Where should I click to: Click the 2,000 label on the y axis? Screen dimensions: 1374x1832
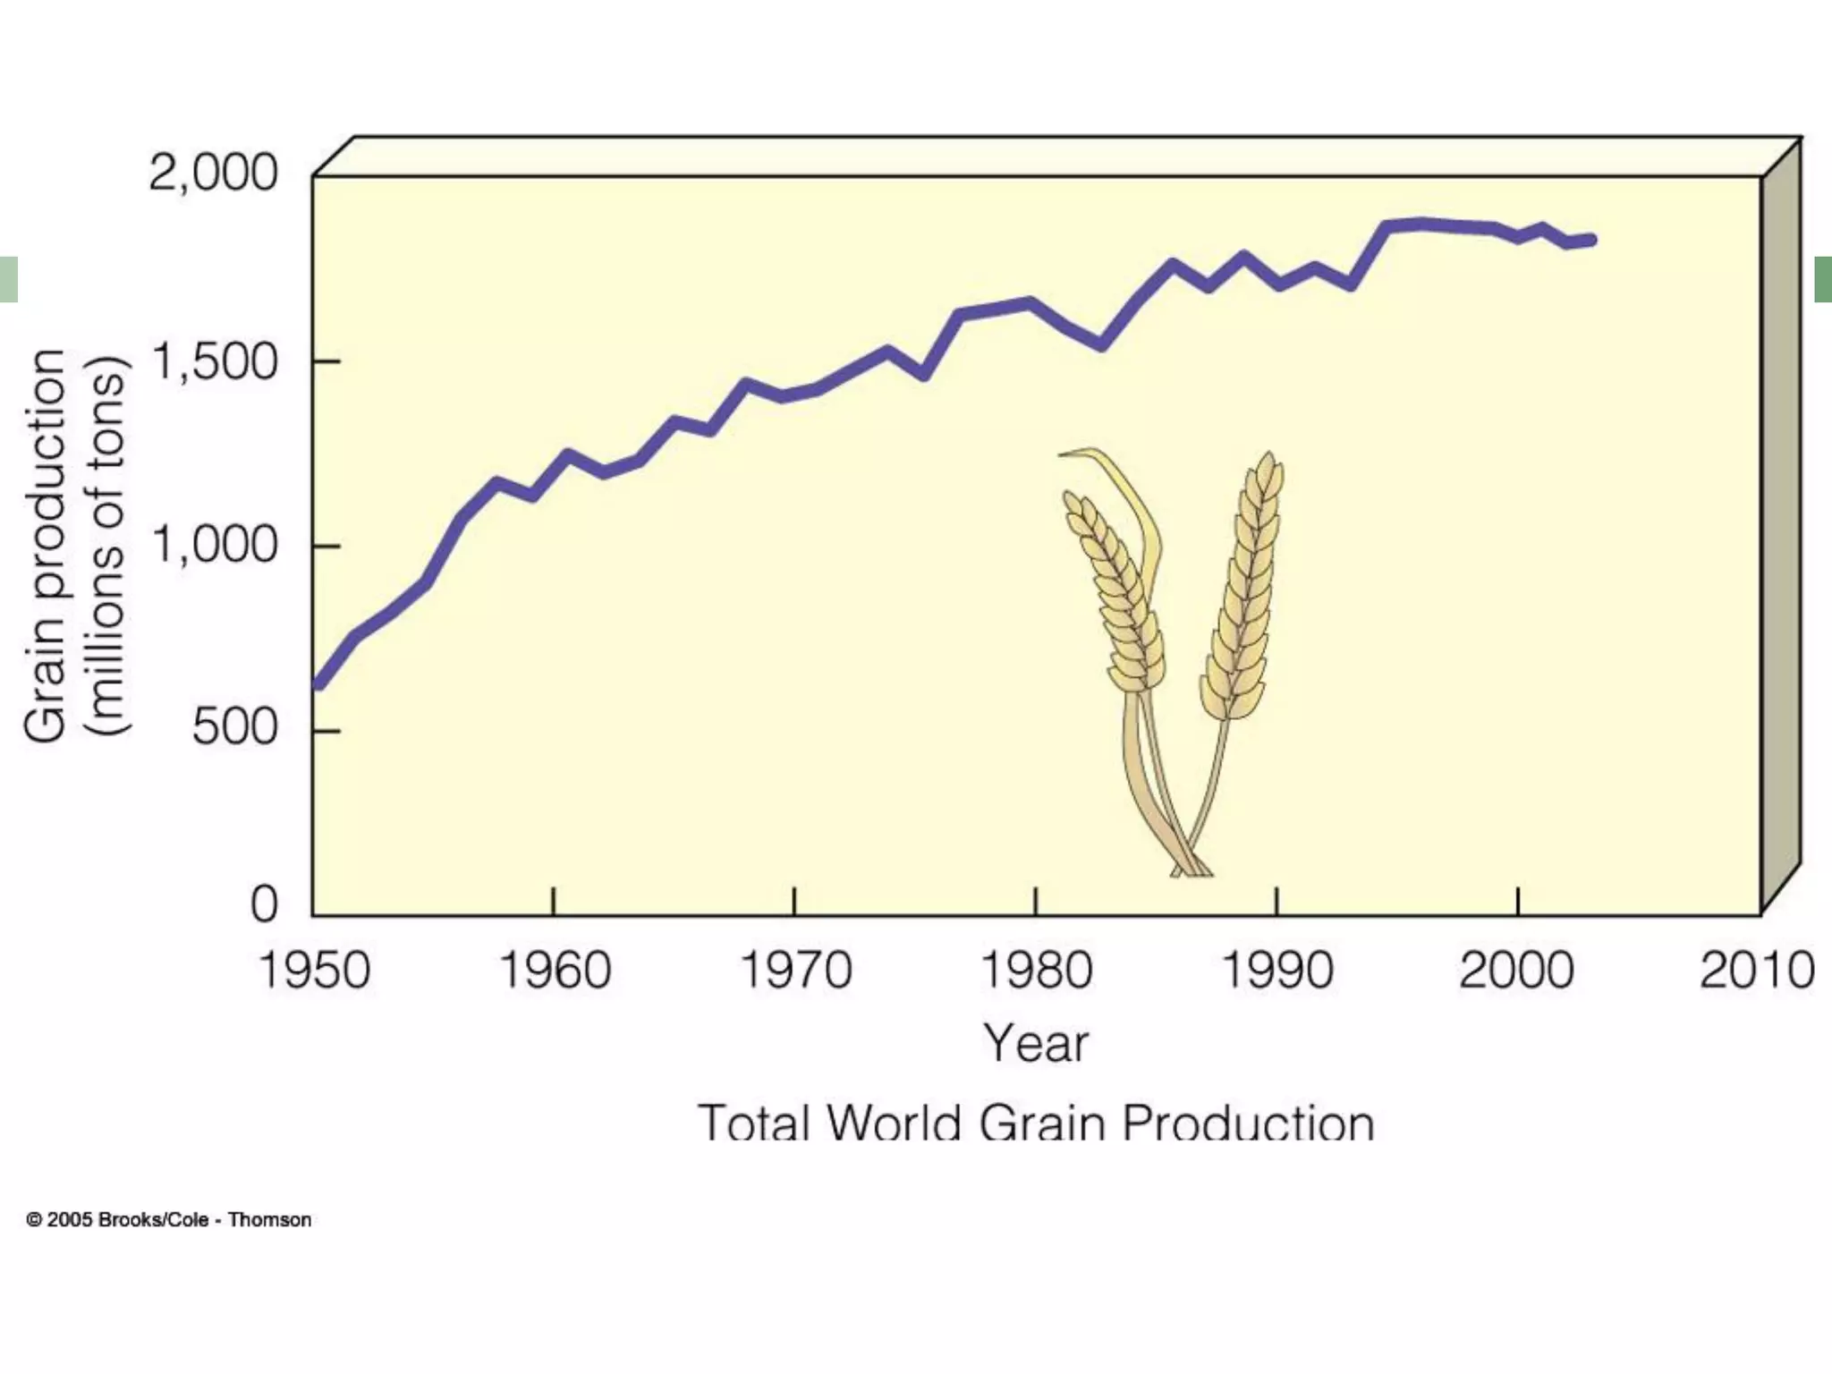(x=213, y=173)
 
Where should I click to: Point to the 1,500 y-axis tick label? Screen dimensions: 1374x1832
(x=215, y=363)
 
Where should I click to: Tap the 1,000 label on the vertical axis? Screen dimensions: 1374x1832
(x=215, y=545)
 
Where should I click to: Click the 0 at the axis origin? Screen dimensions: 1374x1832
(x=265, y=904)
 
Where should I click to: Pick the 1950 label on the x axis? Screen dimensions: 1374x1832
(x=314, y=971)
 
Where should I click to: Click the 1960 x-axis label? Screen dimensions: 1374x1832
(x=555, y=971)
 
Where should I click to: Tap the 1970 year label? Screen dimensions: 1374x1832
(x=795, y=971)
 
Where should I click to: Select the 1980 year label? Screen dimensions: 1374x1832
(x=1036, y=971)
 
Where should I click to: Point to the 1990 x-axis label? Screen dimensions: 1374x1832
(x=1276, y=971)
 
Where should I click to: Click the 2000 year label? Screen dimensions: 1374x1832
(x=1517, y=971)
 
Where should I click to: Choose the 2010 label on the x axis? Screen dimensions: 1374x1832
(x=1757, y=971)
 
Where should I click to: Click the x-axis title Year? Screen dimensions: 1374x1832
(x=1036, y=1044)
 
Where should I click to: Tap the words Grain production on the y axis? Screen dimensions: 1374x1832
(x=47, y=546)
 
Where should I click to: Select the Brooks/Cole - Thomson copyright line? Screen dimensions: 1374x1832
(x=169, y=1220)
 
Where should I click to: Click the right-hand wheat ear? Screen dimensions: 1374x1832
(x=1243, y=590)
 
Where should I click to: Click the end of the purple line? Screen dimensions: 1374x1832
(x=1591, y=239)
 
